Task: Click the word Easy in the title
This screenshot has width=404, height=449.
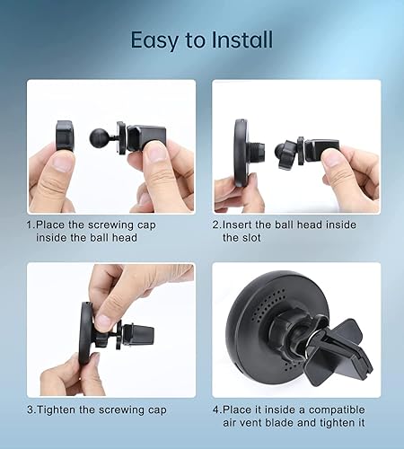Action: [154, 41]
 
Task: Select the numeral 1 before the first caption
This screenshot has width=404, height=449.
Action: [29, 224]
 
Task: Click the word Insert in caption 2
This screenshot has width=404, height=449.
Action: [240, 224]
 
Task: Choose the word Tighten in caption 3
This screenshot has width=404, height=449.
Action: [58, 410]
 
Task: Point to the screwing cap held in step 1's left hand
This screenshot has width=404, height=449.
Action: [65, 136]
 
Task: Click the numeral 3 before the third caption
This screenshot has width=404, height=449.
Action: [30, 410]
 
